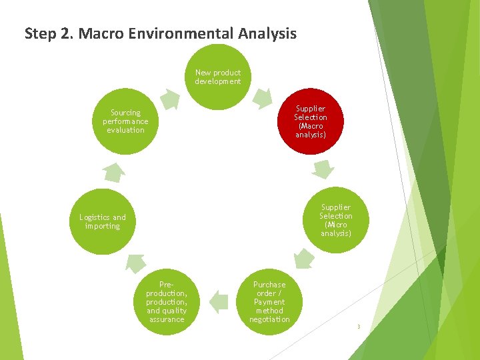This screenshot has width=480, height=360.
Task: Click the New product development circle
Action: point(218,77)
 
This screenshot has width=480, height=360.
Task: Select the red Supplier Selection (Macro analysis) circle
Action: point(311,121)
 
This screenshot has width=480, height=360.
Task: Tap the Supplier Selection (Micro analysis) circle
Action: point(335,220)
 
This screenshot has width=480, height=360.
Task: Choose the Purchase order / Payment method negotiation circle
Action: point(269,302)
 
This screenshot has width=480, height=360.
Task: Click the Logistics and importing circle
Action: point(103,221)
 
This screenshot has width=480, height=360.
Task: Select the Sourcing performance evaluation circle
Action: point(125,121)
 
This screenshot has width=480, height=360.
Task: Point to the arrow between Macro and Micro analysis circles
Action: point(323,169)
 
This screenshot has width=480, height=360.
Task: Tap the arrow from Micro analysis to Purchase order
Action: point(304,259)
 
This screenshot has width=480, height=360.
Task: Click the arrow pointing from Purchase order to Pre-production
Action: point(218,302)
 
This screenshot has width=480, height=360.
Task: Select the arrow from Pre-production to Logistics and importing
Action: point(135,262)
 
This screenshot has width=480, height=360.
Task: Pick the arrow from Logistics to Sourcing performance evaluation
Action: point(113,171)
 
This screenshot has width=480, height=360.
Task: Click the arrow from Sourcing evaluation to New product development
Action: point(170,100)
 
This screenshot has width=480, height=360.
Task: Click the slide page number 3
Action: point(358,327)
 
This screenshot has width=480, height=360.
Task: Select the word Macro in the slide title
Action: point(99,33)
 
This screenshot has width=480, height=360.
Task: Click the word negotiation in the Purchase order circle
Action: point(269,319)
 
